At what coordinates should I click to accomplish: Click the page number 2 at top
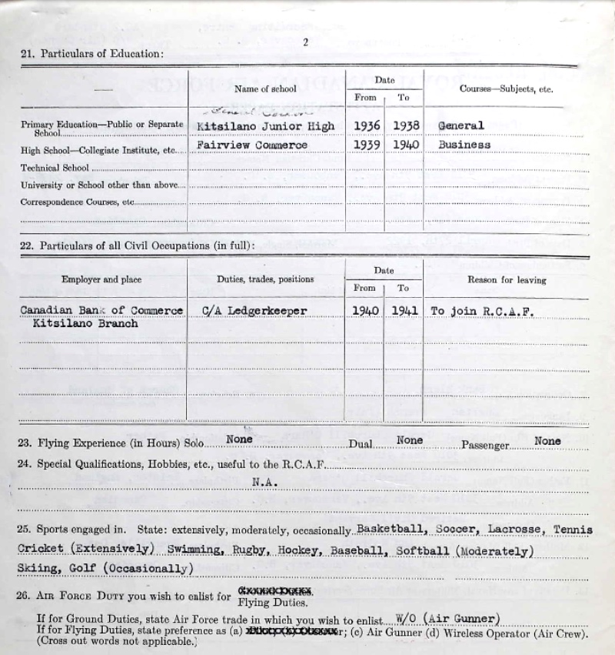click(x=305, y=42)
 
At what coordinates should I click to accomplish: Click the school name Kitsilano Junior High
click(x=265, y=126)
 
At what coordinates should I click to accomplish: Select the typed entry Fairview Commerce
click(x=252, y=145)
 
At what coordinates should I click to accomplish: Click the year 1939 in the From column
click(x=365, y=145)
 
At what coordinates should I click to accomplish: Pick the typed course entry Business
click(x=464, y=145)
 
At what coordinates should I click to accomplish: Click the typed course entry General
click(x=460, y=126)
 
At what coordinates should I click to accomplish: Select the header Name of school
click(x=265, y=89)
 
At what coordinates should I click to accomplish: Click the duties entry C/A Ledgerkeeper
click(x=254, y=310)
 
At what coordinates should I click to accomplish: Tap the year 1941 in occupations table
click(x=404, y=310)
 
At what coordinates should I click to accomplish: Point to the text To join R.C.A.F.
click(x=483, y=310)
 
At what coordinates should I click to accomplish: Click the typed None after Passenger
click(x=547, y=441)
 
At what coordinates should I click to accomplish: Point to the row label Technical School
click(x=55, y=168)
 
